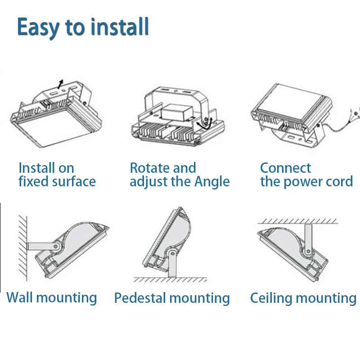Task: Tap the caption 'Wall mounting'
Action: pyautogui.click(x=52, y=297)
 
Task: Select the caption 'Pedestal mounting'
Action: pyautogui.click(x=172, y=298)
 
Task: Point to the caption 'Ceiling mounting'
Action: pyautogui.click(x=303, y=298)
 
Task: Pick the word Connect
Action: pyautogui.click(x=285, y=168)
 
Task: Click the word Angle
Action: pyautogui.click(x=212, y=182)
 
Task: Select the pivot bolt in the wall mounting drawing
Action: pyautogui.click(x=56, y=246)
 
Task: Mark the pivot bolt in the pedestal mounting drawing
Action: pyautogui.click(x=172, y=253)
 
